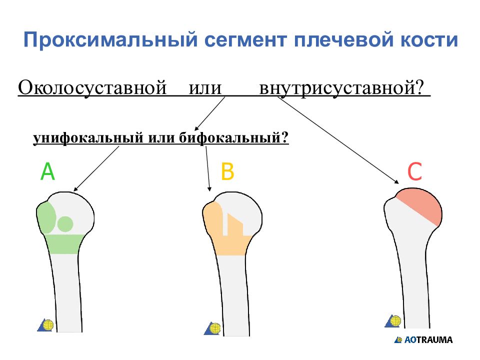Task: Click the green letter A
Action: [47, 172]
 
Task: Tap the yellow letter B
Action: [227, 172]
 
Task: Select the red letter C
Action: [415, 172]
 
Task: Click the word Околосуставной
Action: [92, 89]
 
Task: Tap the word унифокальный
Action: [88, 137]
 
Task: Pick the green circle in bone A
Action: [65, 223]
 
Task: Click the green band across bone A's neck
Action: [64, 244]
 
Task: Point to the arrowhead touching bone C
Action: [395, 181]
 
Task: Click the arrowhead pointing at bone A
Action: [76, 189]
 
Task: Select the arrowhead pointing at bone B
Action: [209, 188]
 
